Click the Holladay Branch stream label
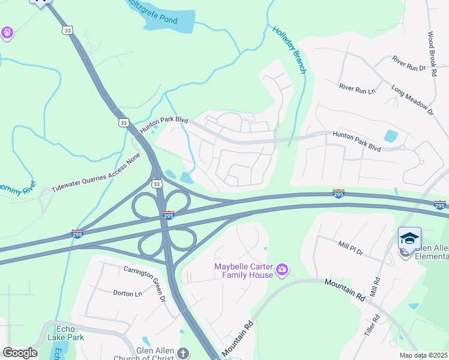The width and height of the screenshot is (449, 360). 289,50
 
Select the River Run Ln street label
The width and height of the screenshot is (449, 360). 357,89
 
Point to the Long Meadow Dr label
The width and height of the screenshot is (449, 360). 412,100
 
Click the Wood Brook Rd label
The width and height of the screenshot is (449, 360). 432,54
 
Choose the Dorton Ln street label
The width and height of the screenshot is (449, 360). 127,293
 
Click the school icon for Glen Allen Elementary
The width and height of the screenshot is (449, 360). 409,239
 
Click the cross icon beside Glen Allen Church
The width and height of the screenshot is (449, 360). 182,353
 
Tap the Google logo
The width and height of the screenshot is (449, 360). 20,353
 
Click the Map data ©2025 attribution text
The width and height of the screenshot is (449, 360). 424,355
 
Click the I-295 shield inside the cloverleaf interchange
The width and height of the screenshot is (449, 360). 169,214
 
